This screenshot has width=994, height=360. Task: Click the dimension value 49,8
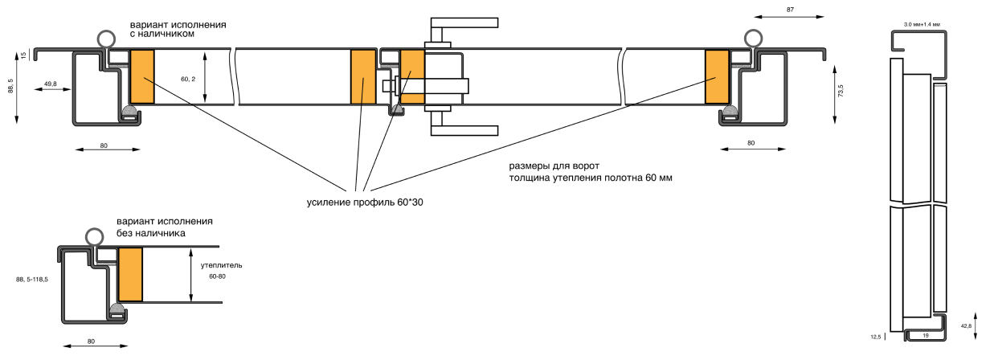click(50, 84)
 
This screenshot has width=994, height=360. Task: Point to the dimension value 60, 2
click(189, 79)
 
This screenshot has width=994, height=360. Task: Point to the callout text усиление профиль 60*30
click(365, 202)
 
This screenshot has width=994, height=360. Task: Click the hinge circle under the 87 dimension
click(753, 38)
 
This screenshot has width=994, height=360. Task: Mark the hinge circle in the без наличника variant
click(95, 236)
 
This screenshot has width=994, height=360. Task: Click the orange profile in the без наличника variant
click(130, 274)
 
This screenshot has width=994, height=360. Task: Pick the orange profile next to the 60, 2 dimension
click(141, 77)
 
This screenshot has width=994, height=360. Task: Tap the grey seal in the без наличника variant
click(117, 309)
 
